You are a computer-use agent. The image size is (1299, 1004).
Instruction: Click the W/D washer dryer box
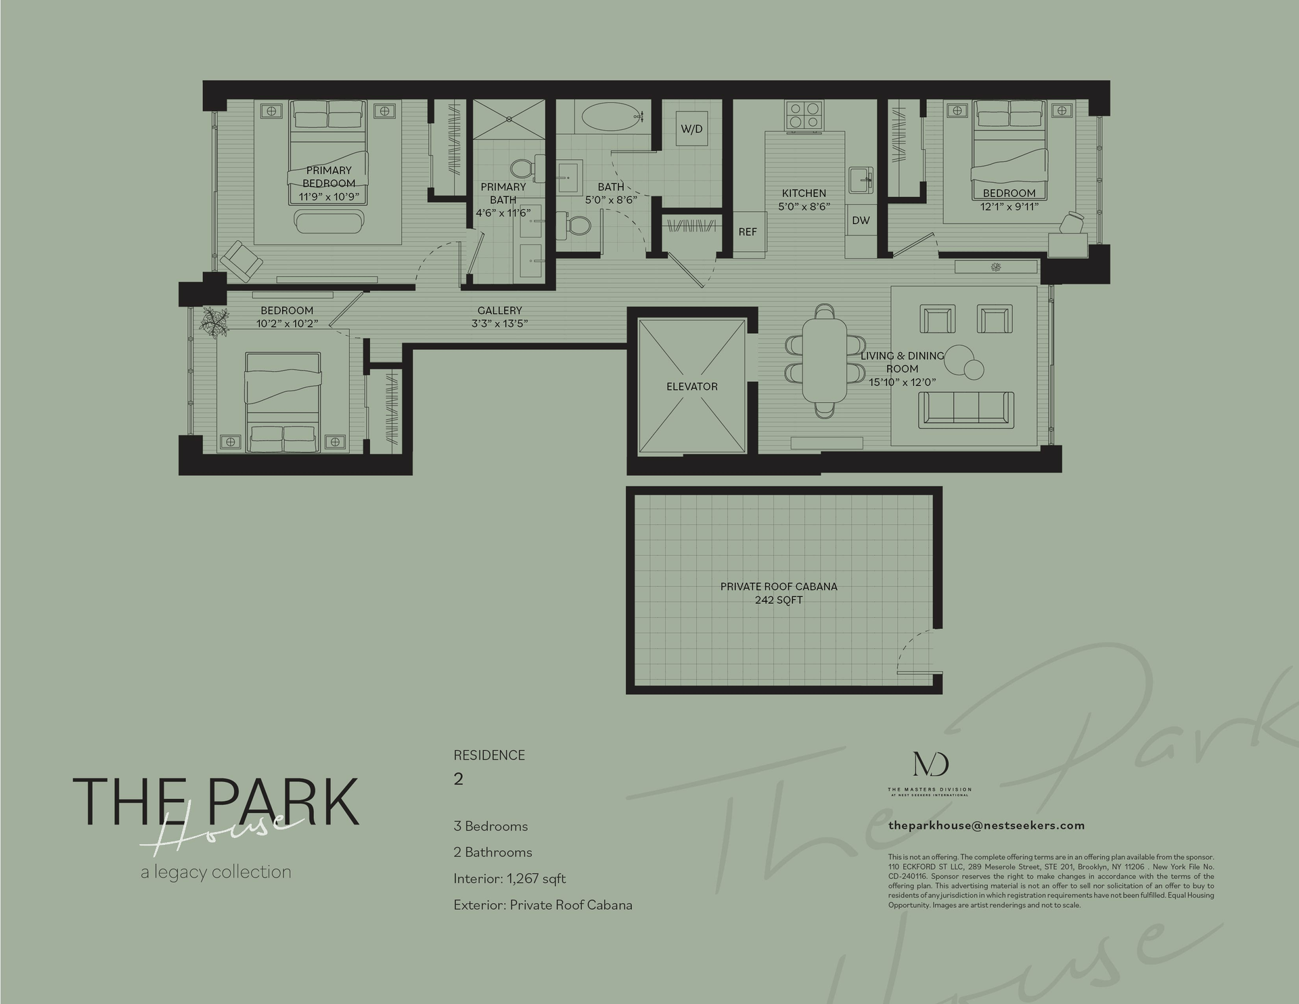coord(691,129)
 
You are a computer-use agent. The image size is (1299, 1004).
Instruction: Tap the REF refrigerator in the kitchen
coord(748,232)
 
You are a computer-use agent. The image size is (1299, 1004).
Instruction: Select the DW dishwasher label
coord(861,221)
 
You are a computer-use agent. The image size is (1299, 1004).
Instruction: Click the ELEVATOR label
coord(691,387)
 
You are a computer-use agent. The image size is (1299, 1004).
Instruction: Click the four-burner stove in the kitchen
coord(804,114)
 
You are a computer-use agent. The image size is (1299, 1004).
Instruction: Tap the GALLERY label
coord(499,311)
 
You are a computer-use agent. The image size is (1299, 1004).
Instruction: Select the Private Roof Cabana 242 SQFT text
coord(779,593)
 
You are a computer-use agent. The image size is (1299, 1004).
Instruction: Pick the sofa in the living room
coord(965,410)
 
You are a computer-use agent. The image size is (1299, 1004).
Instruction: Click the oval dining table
coord(824,359)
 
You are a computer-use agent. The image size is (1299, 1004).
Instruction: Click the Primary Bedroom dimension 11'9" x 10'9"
coord(329,197)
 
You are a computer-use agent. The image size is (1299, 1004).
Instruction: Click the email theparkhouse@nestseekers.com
coord(986,825)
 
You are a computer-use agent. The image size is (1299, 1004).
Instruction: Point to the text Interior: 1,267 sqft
coord(509,879)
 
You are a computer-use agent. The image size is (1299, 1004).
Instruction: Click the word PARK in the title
coord(291,802)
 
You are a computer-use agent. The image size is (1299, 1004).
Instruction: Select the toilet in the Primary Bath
coord(522,169)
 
